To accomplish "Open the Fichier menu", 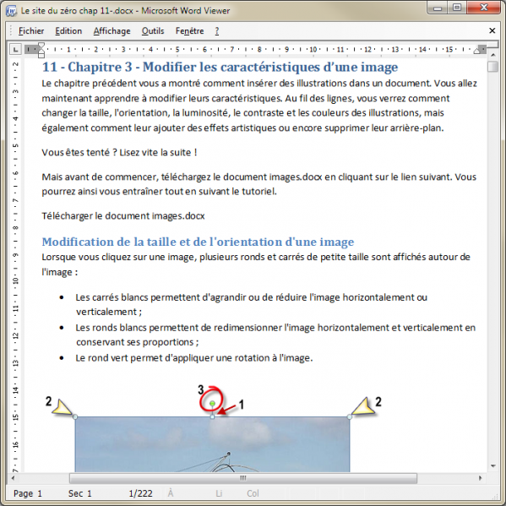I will [x=30, y=31].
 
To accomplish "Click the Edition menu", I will [x=68, y=31].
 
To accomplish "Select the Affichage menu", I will [x=112, y=31].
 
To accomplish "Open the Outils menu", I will [x=153, y=31].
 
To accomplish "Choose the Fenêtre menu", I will [x=189, y=31].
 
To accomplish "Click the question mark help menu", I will [x=217, y=31].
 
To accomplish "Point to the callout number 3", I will [x=200, y=389].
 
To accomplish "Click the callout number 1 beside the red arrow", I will [x=241, y=405].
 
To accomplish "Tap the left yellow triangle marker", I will [x=63, y=409].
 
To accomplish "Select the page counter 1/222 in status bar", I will [x=140, y=492].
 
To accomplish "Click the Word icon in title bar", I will [x=11, y=8].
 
